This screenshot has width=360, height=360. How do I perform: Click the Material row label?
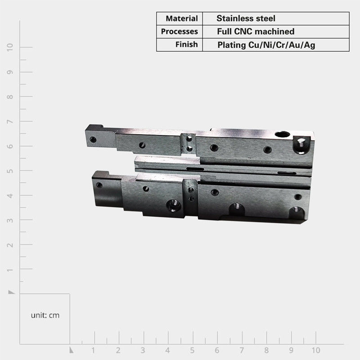point(182,18)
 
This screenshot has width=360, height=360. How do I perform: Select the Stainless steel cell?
point(246,18)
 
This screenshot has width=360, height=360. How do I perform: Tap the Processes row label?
point(179,31)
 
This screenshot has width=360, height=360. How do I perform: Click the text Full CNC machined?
point(256,31)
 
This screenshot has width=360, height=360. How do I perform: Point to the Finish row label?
point(186,44)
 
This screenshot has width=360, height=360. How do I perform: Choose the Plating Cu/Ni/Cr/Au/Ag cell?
point(266,45)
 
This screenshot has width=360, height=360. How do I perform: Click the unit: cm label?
point(45,315)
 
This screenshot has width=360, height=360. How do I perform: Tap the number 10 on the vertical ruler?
point(10,47)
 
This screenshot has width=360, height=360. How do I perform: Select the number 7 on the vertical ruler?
point(10,121)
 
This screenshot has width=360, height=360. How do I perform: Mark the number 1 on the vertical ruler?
point(10,270)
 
